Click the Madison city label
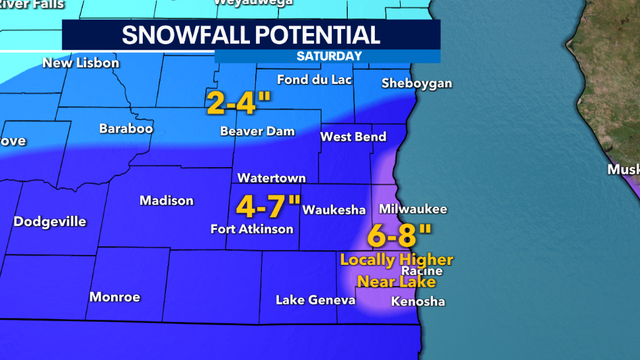click(x=166, y=201)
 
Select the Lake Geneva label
click(x=316, y=301)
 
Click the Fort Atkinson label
click(x=252, y=229)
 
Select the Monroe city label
click(x=115, y=297)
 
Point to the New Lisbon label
click(x=81, y=63)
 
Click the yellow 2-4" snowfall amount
click(x=240, y=101)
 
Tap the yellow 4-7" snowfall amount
click(x=268, y=207)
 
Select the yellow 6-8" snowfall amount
click(x=398, y=237)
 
